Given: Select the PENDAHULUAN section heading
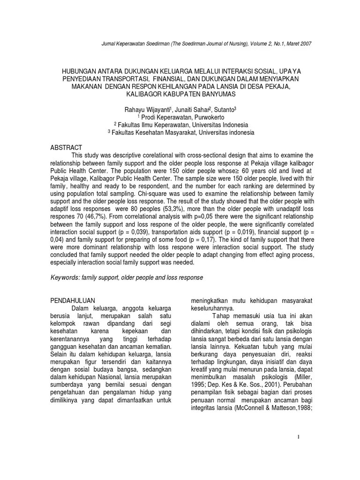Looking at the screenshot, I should [x=73, y=299].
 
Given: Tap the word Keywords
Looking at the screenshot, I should [x=65, y=277].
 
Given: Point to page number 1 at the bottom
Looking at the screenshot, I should [x=298, y=437].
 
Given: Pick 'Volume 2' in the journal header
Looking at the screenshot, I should [x=252, y=44].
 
